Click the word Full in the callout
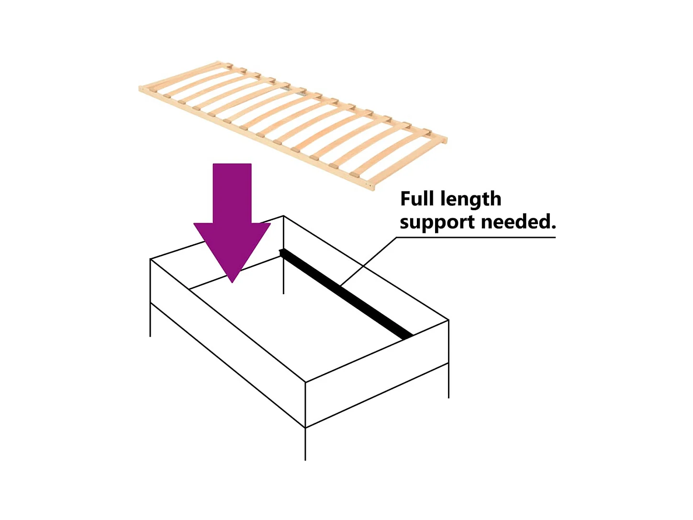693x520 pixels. tap(416, 199)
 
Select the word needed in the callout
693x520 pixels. tap(515, 222)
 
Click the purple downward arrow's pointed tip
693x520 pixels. tap(232, 280)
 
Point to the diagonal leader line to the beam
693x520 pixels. tap(369, 262)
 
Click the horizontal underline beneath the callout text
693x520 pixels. tap(479, 237)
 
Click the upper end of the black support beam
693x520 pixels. tap(283, 252)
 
